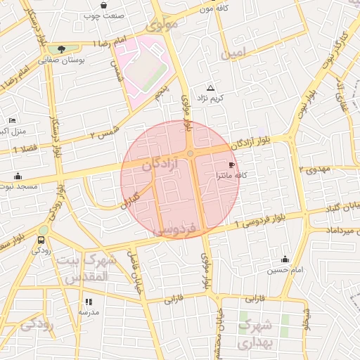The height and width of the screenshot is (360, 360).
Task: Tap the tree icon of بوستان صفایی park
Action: click(x=63, y=49)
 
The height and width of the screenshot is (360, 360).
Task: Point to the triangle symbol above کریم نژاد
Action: click(x=210, y=86)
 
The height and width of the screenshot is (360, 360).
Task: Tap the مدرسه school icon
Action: click(x=89, y=301)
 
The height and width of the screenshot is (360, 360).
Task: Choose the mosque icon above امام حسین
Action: click(x=284, y=259)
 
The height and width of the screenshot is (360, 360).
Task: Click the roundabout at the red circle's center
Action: click(x=191, y=153)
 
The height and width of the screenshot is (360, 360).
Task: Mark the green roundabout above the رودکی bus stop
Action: click(x=43, y=229)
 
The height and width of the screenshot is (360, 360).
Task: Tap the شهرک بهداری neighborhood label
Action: click(x=255, y=334)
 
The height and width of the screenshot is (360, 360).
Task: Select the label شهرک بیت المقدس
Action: click(x=89, y=269)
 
